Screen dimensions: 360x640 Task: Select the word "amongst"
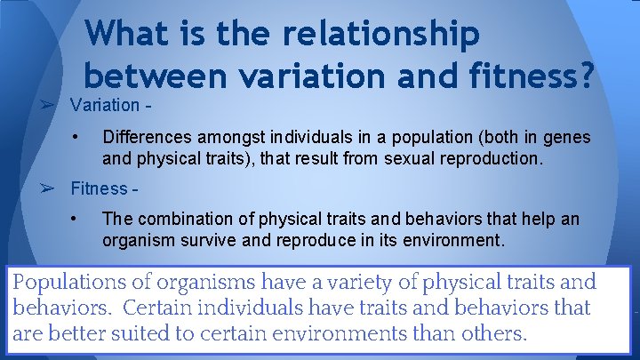tap(221, 138)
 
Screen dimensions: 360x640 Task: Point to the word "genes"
tap(567, 138)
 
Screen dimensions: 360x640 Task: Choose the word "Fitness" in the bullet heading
tap(99, 188)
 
